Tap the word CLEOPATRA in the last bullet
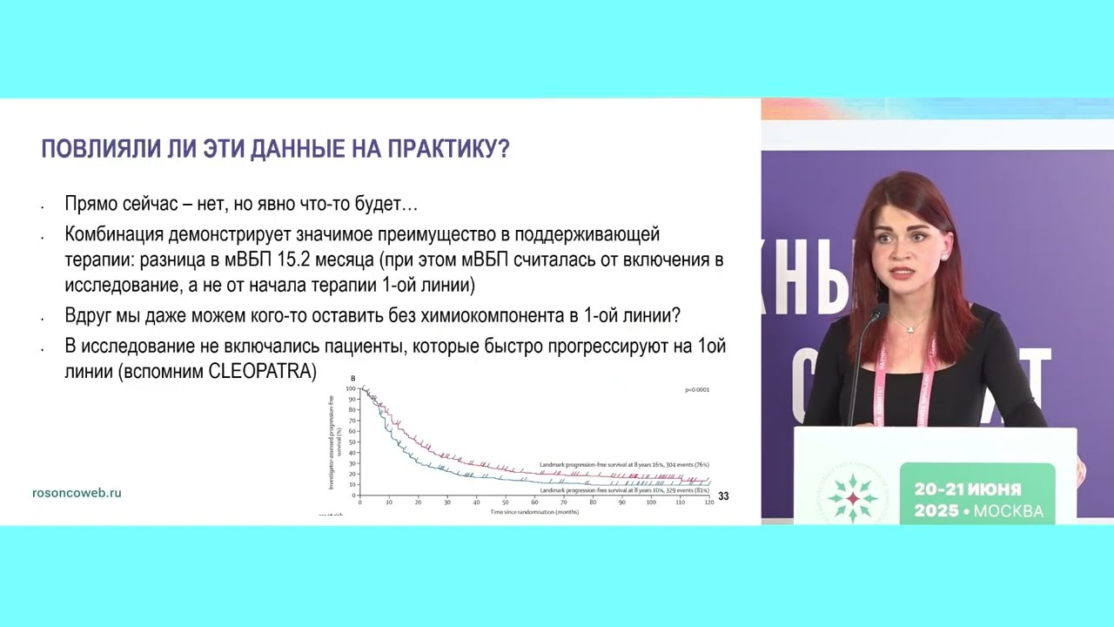(262, 371)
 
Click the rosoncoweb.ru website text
(77, 493)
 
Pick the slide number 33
(723, 496)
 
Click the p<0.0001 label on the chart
(697, 390)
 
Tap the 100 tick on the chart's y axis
(351, 388)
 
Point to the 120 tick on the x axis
(709, 502)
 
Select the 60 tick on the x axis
(534, 502)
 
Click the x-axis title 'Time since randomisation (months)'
(534, 512)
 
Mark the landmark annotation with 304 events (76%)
(624, 465)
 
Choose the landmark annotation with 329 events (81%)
(624, 491)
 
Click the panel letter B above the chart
(352, 378)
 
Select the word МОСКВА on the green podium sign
(1008, 511)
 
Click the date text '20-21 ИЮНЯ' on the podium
(967, 489)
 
